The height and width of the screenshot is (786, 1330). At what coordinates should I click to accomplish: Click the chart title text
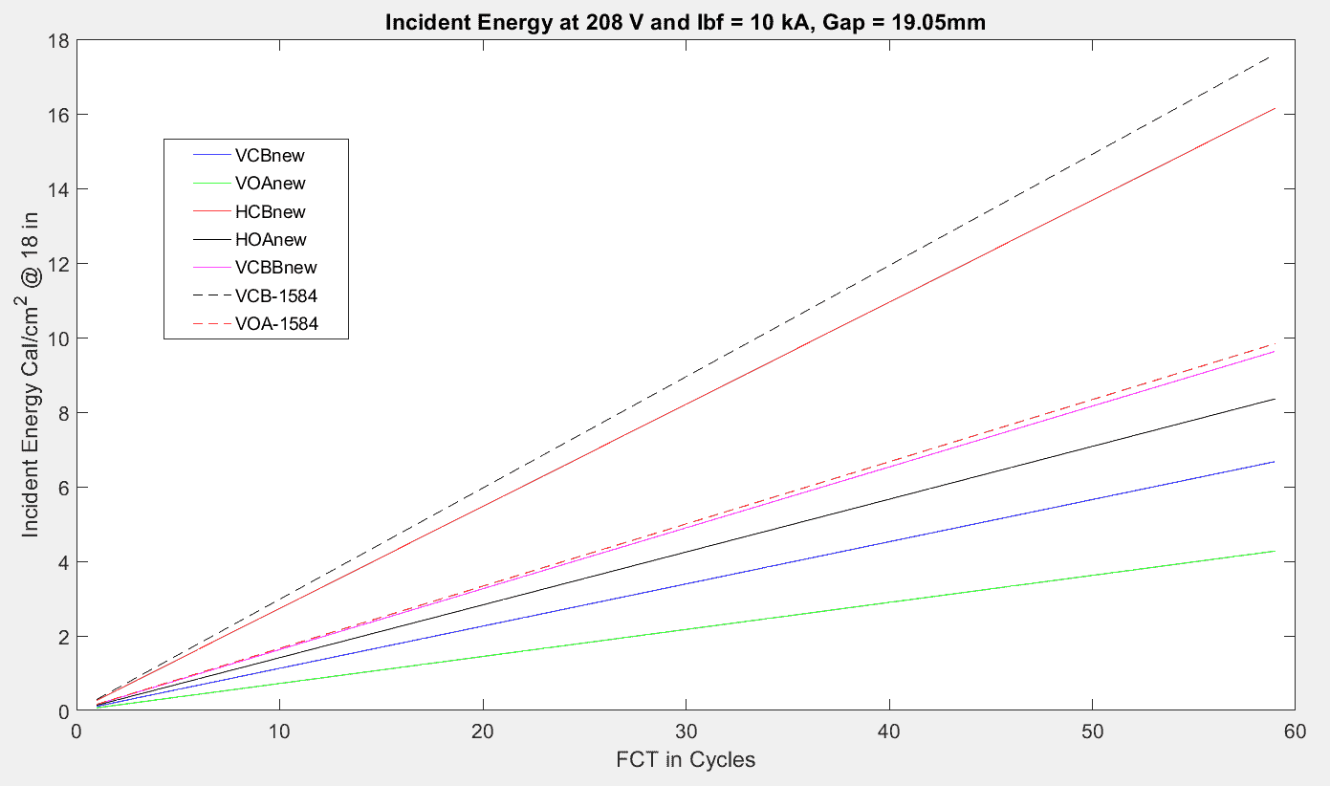[685, 23]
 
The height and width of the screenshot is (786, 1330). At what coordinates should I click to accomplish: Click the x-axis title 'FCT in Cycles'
[685, 760]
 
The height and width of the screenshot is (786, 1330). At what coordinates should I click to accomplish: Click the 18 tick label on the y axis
[59, 40]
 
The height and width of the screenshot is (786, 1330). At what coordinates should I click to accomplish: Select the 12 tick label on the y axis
[59, 264]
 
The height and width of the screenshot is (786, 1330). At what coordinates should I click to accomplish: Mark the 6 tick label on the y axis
[64, 488]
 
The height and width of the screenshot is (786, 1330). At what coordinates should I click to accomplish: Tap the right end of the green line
[1274, 551]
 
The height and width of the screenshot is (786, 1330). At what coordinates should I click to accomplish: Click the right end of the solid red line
[1274, 109]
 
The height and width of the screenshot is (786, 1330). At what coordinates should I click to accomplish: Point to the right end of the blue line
[1274, 462]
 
